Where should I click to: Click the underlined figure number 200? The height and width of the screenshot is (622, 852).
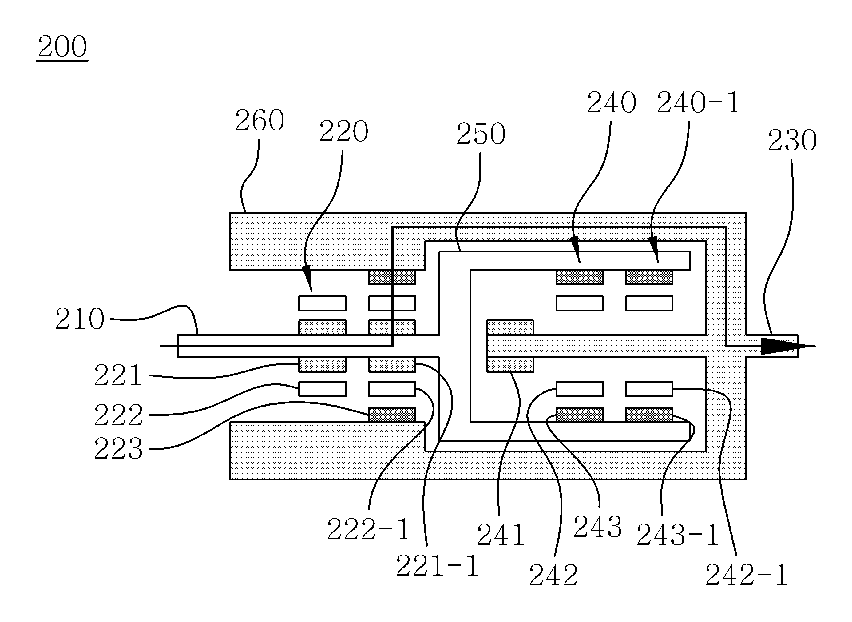point(62,47)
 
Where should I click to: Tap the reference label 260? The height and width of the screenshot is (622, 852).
point(260,120)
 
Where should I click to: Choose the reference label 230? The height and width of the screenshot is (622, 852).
point(792,140)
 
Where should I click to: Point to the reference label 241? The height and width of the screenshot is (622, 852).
point(501,535)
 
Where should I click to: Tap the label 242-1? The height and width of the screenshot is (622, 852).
point(747,575)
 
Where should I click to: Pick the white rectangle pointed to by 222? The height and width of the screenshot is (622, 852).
point(322,389)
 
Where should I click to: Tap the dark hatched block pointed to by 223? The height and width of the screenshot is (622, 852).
point(392,415)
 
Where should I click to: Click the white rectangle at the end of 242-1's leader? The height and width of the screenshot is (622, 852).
point(649,389)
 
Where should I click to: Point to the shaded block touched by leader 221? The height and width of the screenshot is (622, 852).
point(322,364)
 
